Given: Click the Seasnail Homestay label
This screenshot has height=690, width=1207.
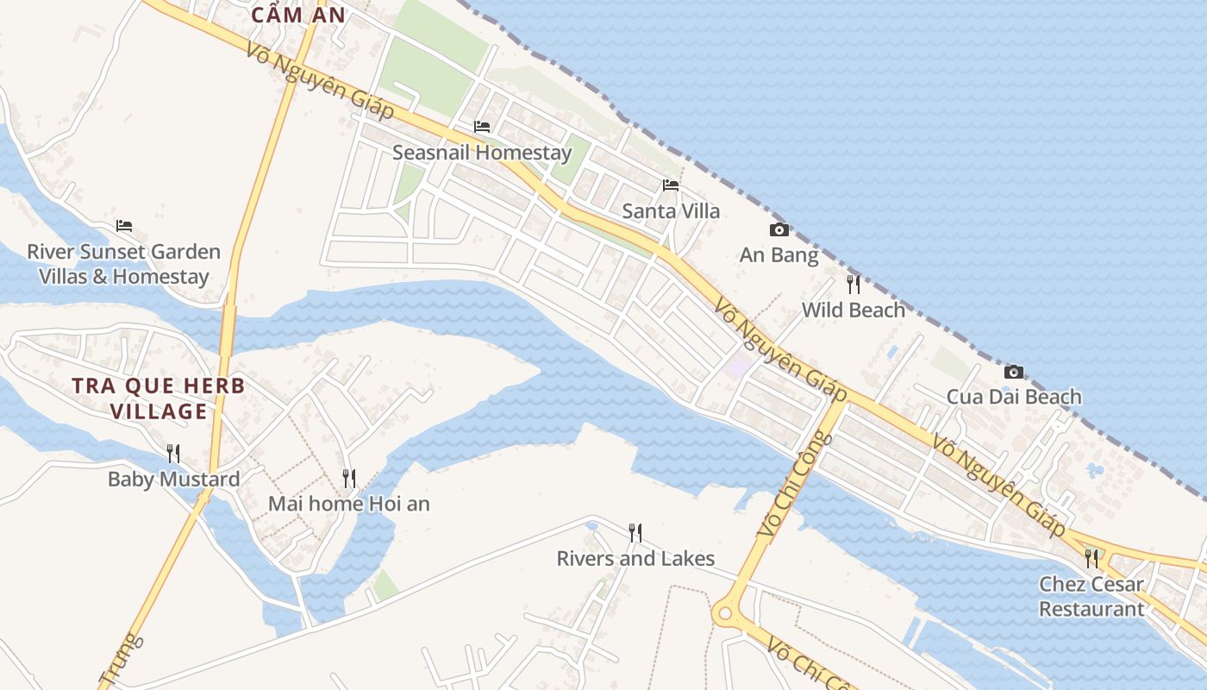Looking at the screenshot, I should pos(481,153).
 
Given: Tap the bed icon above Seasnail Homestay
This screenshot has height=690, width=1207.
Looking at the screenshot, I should pos(482,127).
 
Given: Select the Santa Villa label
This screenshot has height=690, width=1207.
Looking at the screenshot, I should pos(671,210).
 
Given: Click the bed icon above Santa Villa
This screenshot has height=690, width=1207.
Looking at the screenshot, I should pos(671,185).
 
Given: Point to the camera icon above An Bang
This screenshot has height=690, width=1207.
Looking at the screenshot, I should pos(779,229).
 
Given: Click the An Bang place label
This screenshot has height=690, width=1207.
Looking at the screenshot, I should pos(779,254).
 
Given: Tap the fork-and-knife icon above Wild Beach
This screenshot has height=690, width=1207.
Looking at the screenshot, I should pos(854,284).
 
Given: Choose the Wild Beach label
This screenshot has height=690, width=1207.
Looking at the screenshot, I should pos(854,310).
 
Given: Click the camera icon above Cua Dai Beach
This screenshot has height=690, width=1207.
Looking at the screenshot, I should pos(1014,372).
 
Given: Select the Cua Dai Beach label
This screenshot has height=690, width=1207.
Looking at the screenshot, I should pos(1014,397).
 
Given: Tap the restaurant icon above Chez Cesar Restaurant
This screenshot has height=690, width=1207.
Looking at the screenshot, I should pos(1091,558).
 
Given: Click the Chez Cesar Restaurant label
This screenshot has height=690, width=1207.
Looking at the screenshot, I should pos(1091,596).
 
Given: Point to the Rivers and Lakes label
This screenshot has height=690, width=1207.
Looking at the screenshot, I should pos(635,558).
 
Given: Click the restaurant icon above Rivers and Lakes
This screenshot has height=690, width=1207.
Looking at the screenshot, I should pos(635,532).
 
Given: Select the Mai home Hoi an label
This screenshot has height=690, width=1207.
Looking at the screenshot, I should pos(349,503).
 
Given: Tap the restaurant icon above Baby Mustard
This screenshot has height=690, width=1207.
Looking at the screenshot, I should pos(173,453).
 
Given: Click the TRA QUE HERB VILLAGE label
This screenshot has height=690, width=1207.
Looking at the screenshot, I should pos(159,398).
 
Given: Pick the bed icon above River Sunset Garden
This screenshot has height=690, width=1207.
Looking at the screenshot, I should pos(124,226).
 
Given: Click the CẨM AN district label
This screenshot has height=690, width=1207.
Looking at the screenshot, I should pos(298,15).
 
